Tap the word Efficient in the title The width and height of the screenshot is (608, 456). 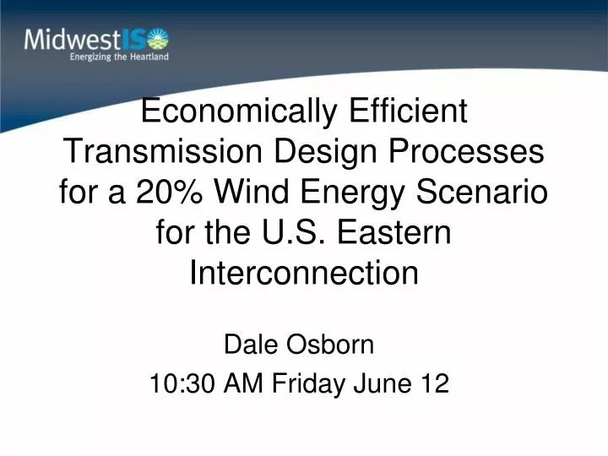[404, 111]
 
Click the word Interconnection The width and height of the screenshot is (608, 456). [303, 273]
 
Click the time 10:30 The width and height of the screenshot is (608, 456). [182, 384]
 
